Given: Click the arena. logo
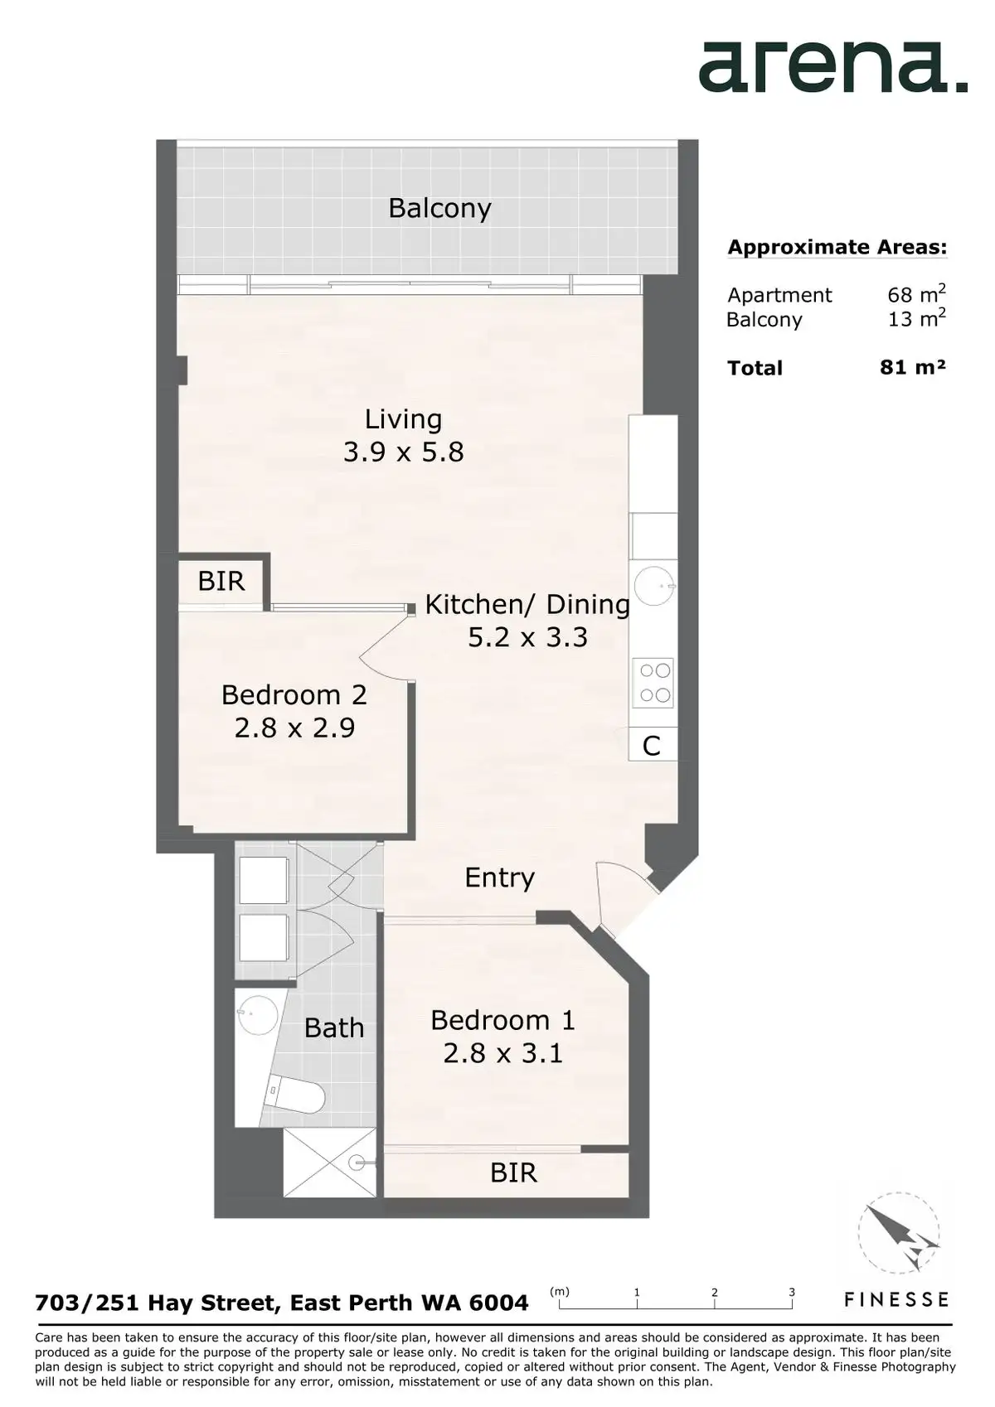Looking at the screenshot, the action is coord(832,68).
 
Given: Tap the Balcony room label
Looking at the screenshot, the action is coord(439,208).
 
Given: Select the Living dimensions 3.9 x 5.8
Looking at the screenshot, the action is coord(404,452).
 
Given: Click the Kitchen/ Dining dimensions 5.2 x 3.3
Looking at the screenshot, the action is coord(528,637).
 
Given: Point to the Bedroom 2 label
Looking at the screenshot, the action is coord(294,694).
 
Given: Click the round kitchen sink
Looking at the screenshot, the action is coord(653,585).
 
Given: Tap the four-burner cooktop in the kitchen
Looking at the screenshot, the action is coord(655,683).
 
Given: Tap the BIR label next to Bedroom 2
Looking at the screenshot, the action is coord(221,581).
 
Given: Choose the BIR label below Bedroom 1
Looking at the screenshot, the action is coord(513,1172).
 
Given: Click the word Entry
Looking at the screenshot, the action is coord(500,878).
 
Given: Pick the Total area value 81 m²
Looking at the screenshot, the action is coord(913,367).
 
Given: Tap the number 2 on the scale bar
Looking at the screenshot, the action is coord(715,1292).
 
